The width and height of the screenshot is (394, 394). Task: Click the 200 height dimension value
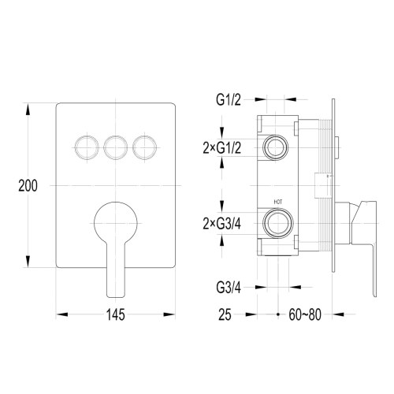point(28,186)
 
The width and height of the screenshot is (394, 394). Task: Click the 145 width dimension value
point(115,315)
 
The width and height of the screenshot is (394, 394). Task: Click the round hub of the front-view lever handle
point(115,218)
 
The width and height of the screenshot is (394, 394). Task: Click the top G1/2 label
point(229,101)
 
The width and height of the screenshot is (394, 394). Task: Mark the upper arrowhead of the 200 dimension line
point(28,106)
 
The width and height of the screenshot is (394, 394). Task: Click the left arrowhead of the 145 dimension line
point(61,314)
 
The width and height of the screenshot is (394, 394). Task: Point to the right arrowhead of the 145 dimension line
point(169,314)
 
